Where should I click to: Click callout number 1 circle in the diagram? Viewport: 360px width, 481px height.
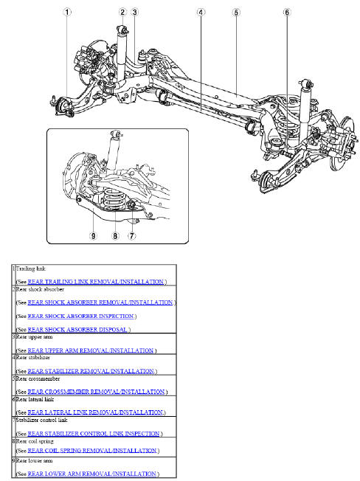(68, 11)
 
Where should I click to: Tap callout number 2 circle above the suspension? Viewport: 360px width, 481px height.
(122, 11)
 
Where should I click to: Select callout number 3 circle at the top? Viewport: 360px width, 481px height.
(135, 11)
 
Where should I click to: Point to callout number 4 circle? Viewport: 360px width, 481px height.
(201, 12)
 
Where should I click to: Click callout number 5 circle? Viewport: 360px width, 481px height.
(235, 12)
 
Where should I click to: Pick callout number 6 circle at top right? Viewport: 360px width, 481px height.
(287, 12)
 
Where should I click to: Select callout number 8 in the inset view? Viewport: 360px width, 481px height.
(114, 236)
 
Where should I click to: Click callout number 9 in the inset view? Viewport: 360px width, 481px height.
(93, 236)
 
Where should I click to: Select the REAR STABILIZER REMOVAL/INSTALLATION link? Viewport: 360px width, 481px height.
(91, 370)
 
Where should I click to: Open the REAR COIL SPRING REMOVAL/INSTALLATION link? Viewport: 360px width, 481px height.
(91, 450)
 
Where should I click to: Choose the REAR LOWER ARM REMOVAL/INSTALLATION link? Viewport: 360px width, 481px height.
(92, 473)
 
